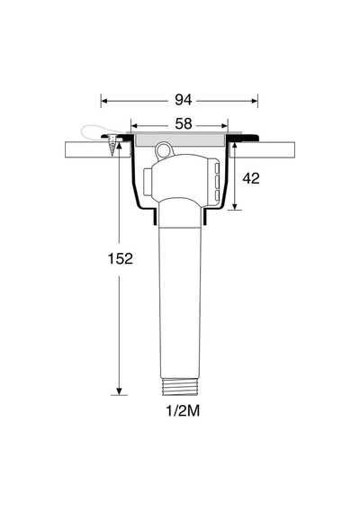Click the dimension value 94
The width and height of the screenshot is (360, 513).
pyautogui.click(x=183, y=100)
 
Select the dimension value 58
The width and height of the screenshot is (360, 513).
pyautogui.click(x=183, y=124)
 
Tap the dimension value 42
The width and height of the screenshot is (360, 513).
pyautogui.click(x=251, y=178)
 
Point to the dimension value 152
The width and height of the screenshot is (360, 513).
pyautogui.click(x=120, y=259)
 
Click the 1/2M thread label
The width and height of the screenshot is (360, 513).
pyautogui.click(x=183, y=411)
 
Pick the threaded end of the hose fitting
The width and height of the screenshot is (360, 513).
pyautogui.click(x=180, y=385)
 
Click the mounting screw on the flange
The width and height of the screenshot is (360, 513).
pyautogui.click(x=112, y=144)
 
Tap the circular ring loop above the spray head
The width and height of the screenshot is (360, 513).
pyautogui.click(x=163, y=149)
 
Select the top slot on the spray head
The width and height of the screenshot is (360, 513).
pyautogui.click(x=217, y=168)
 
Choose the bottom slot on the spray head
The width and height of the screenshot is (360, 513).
pyautogui.click(x=217, y=195)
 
